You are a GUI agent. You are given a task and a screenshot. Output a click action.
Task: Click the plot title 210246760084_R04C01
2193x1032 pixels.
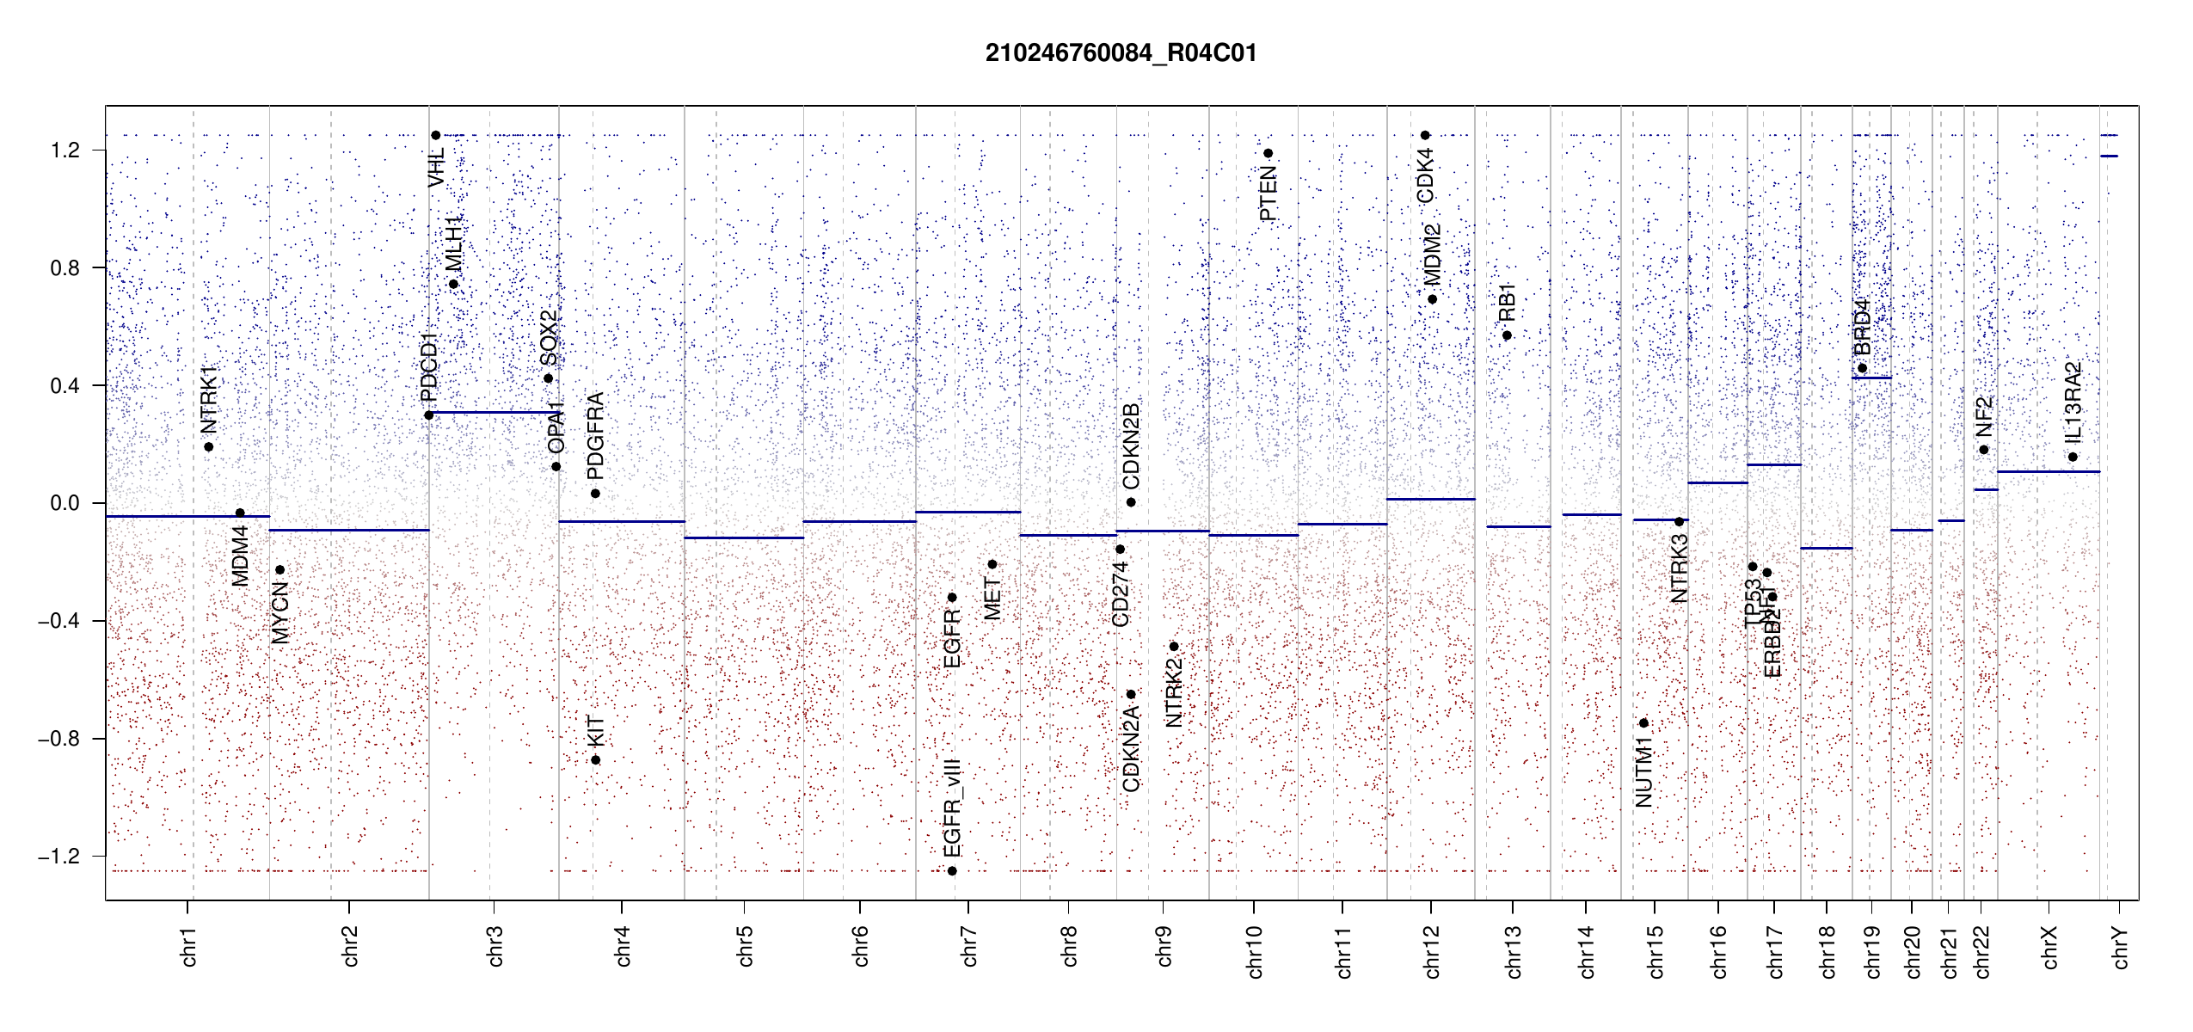click(x=1121, y=53)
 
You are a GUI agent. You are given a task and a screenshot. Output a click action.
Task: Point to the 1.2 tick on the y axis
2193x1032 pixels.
click(x=64, y=150)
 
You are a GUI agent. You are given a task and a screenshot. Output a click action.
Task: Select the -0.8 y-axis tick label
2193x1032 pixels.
click(x=58, y=739)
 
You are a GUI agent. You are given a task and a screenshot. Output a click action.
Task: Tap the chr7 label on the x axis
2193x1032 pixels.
click(x=969, y=946)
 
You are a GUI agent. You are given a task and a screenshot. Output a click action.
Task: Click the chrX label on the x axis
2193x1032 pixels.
click(x=2049, y=947)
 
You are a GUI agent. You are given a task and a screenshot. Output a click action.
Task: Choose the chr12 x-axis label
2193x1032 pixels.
click(x=1432, y=951)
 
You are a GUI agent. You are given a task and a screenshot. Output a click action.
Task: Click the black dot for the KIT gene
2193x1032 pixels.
click(x=595, y=760)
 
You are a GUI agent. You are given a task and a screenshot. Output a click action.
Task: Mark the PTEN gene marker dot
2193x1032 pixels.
click(x=1268, y=154)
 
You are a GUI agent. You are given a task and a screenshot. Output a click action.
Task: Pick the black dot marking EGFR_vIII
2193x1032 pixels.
click(x=952, y=871)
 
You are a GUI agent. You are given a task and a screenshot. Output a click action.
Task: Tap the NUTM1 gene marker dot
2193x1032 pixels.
click(x=1643, y=723)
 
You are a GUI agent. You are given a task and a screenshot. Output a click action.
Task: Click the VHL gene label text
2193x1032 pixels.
click(x=437, y=167)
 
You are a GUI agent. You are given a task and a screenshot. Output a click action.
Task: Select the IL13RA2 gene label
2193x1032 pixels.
click(x=2073, y=402)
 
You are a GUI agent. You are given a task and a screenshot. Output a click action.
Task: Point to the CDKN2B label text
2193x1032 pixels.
click(x=1131, y=445)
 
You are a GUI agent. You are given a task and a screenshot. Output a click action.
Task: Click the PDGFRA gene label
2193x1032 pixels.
click(x=595, y=435)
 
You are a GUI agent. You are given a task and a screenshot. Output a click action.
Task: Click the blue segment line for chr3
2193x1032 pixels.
click(x=493, y=413)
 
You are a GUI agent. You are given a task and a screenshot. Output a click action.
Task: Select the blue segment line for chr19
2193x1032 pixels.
click(x=1871, y=378)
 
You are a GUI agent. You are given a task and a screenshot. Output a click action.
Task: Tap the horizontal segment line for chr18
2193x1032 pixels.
click(x=1826, y=548)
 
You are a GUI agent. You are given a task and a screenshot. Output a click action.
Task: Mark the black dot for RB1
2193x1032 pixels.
click(x=1507, y=335)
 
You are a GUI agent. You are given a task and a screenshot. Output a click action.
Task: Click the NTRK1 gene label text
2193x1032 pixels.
click(x=208, y=400)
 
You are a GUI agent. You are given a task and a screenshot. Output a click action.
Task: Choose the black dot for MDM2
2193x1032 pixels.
click(x=1432, y=299)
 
